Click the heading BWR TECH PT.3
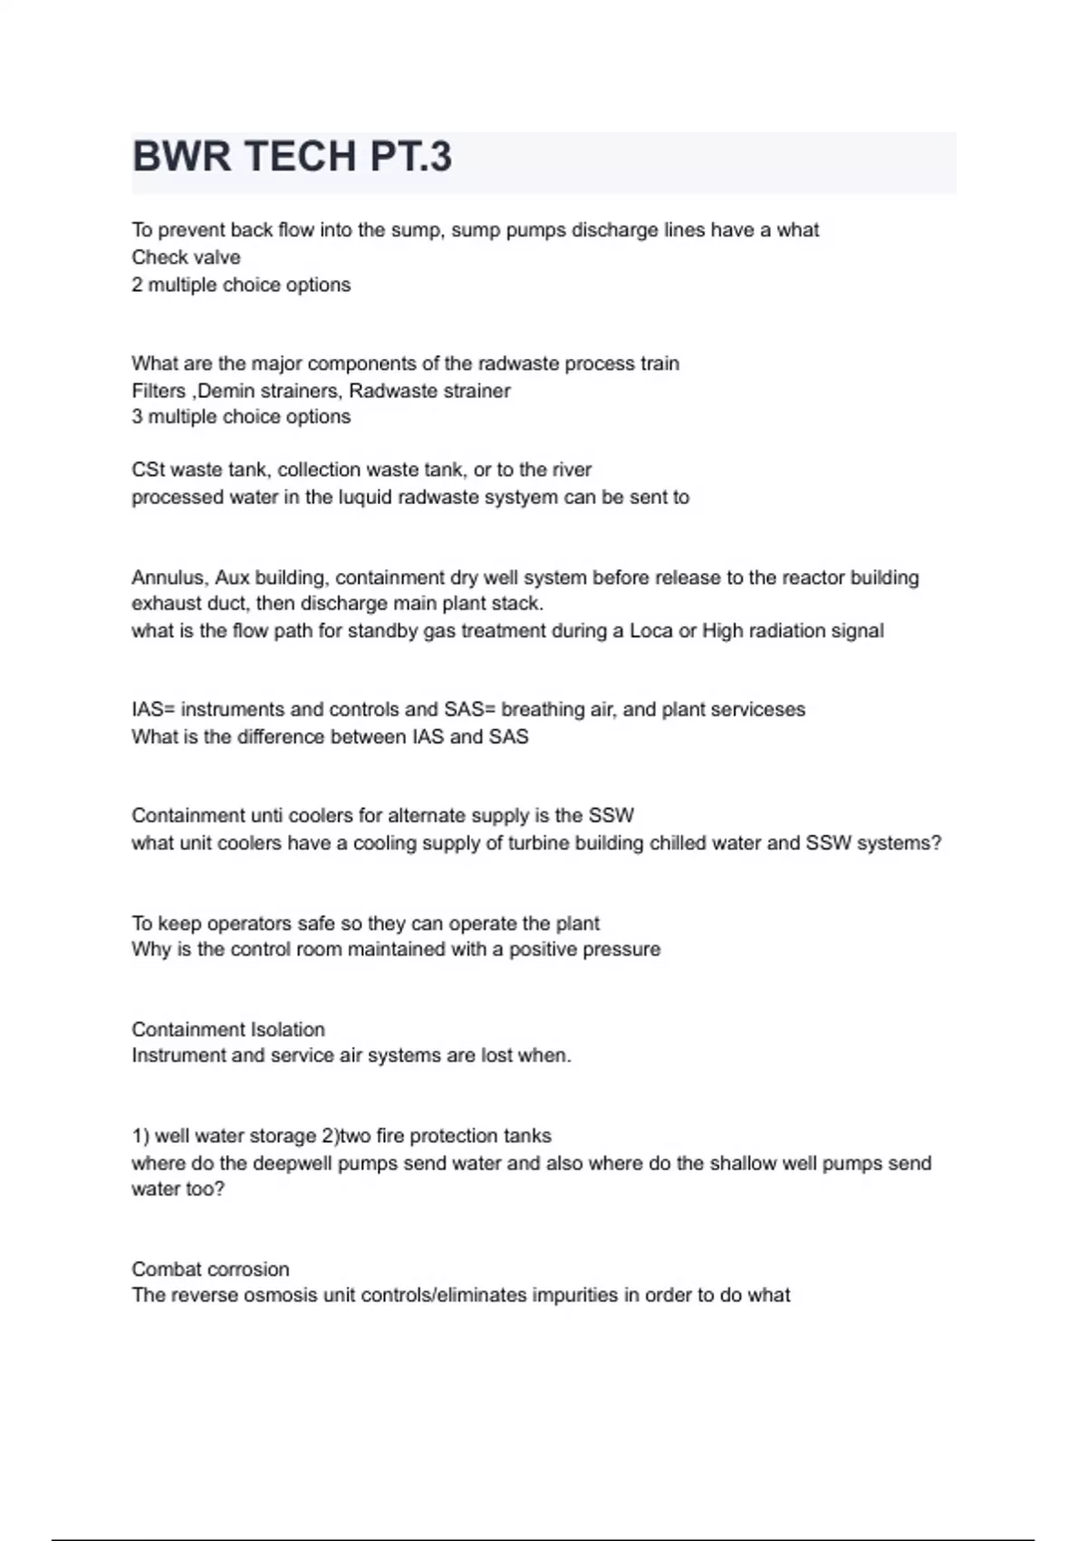[x=292, y=158]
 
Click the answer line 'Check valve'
[x=186, y=257]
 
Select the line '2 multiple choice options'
[x=241, y=285]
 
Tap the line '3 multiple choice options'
[x=241, y=417]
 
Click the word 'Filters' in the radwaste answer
[x=158, y=391]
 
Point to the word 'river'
[x=569, y=470]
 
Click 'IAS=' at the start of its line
[x=153, y=709]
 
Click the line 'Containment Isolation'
[x=228, y=1030]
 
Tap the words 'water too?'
[x=178, y=1189]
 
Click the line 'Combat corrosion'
[x=210, y=1269]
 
